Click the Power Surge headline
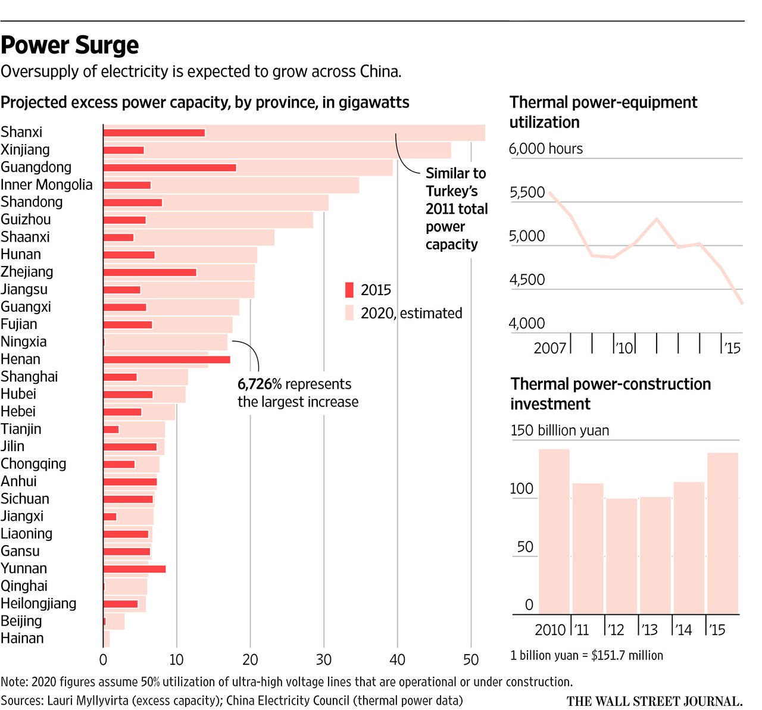[x=70, y=45]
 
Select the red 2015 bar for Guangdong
[x=170, y=168]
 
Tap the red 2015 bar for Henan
[x=167, y=359]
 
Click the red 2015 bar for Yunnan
[x=135, y=569]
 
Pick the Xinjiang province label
[x=25, y=150]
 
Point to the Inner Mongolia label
[x=46, y=185]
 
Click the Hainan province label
[x=22, y=639]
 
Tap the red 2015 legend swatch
[x=349, y=290]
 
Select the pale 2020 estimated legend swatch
[x=349, y=313]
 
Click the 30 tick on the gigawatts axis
[x=324, y=659]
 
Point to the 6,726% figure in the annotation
[x=259, y=384]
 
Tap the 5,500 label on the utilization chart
[x=527, y=192]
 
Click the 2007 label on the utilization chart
[x=549, y=348]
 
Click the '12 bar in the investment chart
[x=621, y=556]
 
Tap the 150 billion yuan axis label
[x=560, y=430]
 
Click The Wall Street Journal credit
[x=654, y=701]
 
